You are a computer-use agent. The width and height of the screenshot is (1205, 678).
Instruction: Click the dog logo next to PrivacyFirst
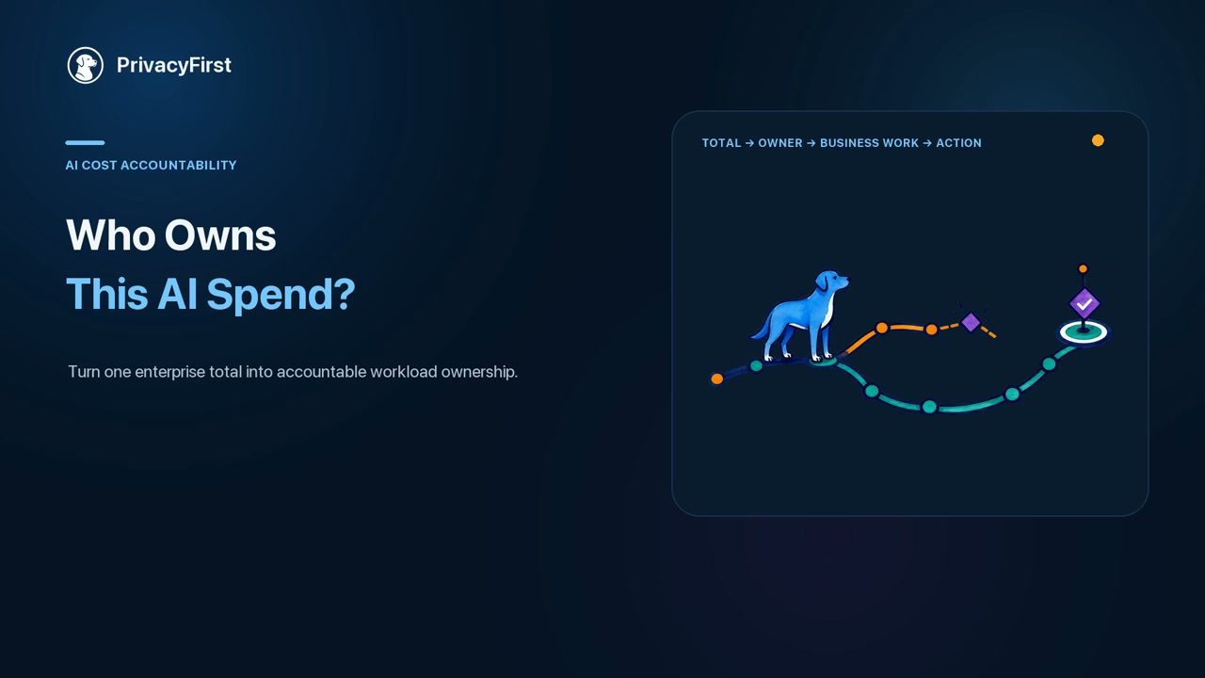[85, 65]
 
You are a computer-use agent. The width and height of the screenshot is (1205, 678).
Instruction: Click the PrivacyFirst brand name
[174, 65]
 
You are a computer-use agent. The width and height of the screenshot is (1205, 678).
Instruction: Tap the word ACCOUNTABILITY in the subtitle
[178, 165]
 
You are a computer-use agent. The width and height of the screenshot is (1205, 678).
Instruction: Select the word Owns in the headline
[220, 235]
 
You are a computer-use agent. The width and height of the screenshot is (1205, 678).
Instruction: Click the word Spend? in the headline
[281, 295]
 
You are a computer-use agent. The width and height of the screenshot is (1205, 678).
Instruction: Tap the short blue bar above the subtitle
[85, 142]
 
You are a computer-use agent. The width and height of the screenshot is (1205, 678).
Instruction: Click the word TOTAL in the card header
[721, 143]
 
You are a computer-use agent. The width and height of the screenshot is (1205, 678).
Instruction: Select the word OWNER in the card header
[780, 143]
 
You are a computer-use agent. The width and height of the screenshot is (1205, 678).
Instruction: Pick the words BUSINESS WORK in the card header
[869, 143]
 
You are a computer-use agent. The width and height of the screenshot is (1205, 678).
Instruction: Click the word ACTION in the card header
[958, 143]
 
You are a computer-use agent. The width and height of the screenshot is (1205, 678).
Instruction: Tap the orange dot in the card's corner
[1098, 140]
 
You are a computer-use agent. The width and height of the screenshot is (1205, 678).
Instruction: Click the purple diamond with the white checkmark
[1084, 304]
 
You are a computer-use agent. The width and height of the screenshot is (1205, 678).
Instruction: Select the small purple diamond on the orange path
[971, 322]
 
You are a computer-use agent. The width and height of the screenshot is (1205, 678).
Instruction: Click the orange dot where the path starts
[717, 379]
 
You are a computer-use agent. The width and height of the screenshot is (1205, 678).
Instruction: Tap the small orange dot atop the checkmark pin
[1083, 268]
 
